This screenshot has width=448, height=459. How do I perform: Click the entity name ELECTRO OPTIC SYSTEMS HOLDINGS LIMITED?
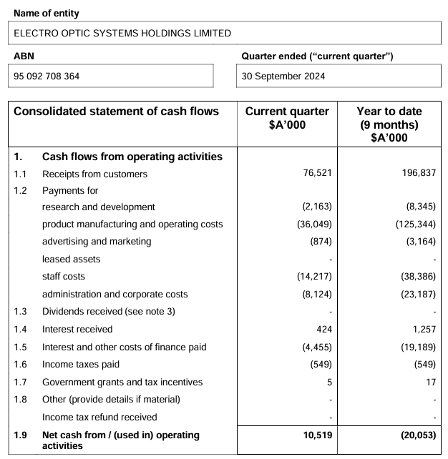click(122, 33)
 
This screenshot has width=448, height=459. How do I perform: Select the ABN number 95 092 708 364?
click(47, 76)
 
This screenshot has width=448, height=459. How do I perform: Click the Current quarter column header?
click(287, 117)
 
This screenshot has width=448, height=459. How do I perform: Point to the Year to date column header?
click(389, 123)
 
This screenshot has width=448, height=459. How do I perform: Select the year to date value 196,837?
click(418, 174)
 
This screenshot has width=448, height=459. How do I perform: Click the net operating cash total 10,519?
click(315, 435)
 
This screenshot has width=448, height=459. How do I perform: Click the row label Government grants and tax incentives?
click(122, 382)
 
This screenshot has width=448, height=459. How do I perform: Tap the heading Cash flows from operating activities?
click(132, 157)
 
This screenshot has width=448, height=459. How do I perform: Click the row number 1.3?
click(21, 312)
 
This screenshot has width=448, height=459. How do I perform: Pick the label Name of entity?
click(47, 14)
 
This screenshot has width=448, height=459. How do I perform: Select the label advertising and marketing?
click(97, 242)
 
